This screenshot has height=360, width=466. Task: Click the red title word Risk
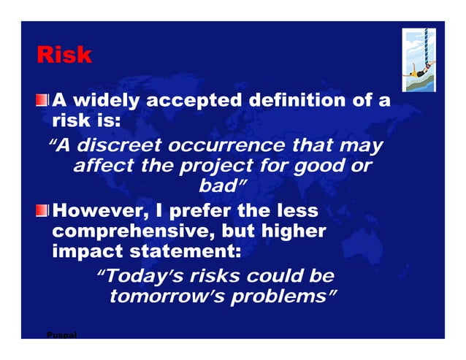coord(64,55)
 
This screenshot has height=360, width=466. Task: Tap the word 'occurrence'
coord(224,146)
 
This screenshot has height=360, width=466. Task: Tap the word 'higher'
coord(291,232)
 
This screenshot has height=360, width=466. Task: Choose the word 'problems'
coord(275,296)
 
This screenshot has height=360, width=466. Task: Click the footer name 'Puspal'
coord(61,335)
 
